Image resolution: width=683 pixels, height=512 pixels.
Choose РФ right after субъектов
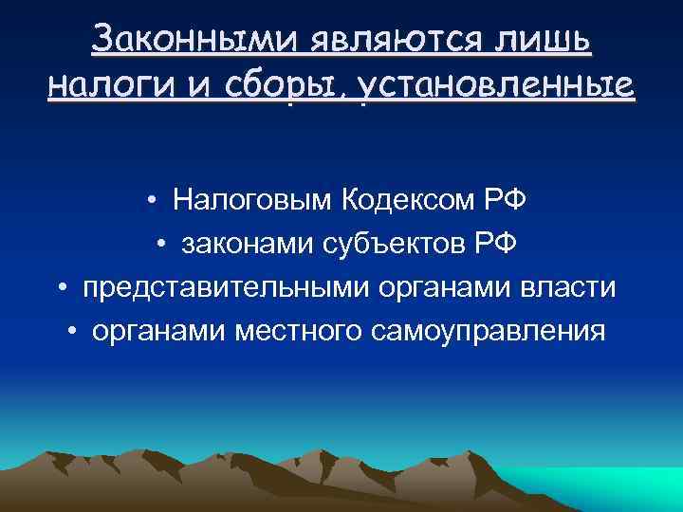(497, 245)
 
